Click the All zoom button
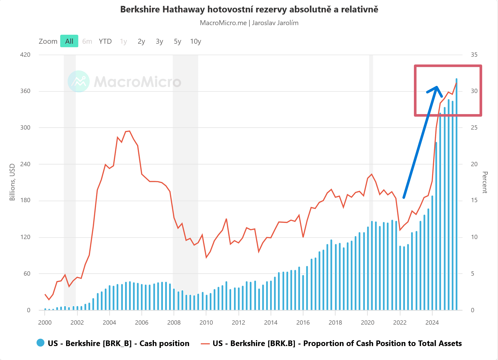click(69, 41)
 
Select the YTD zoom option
click(105, 41)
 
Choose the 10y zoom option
click(195, 41)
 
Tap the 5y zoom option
click(177, 41)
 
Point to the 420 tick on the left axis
click(25, 55)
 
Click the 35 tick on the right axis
click(474, 55)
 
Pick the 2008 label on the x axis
click(174, 322)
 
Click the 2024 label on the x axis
click(432, 322)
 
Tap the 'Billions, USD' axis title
click(12, 182)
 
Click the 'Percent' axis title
click(485, 182)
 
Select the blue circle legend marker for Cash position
click(40, 343)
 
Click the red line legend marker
click(205, 344)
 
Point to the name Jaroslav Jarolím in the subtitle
click(275, 23)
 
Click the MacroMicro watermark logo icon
click(79, 82)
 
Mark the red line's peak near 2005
click(129, 131)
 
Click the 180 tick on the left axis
click(25, 200)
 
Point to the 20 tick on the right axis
click(474, 164)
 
